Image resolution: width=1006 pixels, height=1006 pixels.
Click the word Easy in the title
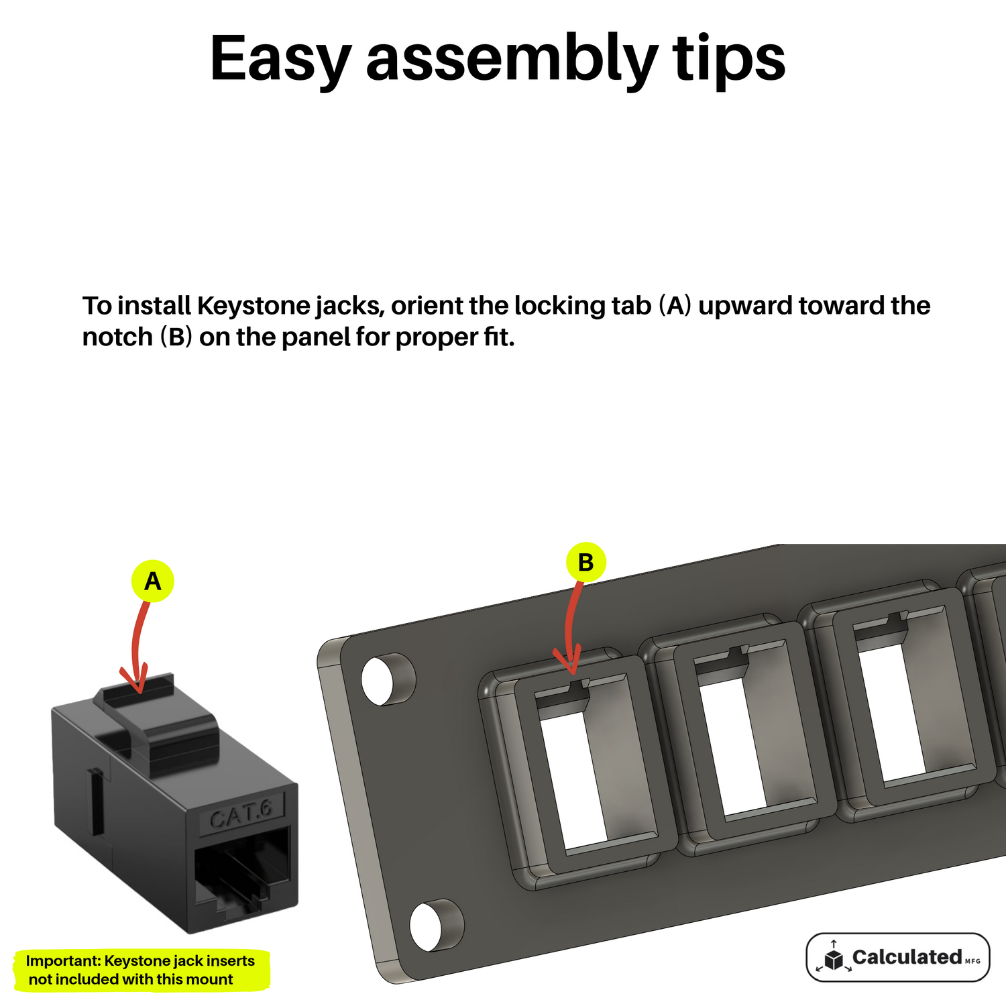(x=281, y=58)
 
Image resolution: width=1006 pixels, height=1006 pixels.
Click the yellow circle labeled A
(x=153, y=581)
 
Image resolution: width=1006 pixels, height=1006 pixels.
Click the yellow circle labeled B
(x=585, y=562)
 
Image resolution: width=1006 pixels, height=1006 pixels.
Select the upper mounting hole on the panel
(x=388, y=679)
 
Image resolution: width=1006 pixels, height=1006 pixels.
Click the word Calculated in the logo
(x=907, y=956)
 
